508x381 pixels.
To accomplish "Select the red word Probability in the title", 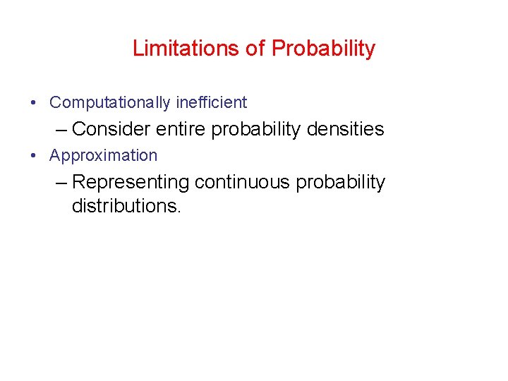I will [x=323, y=49].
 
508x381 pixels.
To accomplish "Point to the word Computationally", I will [x=110, y=103].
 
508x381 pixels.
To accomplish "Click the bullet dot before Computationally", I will [x=34, y=103].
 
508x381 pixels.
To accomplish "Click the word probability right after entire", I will [x=258, y=130].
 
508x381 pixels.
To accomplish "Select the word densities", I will [x=346, y=129].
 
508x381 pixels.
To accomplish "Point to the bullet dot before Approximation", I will [x=34, y=156].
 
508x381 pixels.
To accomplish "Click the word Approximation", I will [x=104, y=156].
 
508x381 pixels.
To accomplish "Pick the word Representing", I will [x=131, y=183].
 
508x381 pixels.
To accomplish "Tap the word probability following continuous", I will [x=340, y=183].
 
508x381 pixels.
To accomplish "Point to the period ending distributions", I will [x=179, y=212].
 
